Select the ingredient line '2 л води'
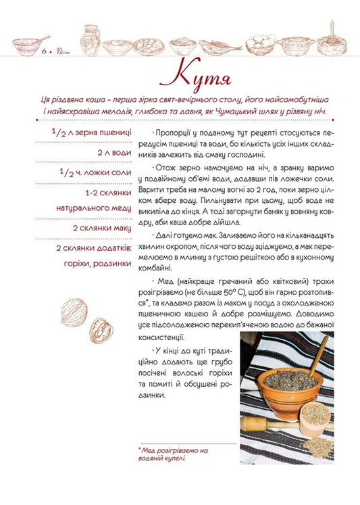pos(113,153)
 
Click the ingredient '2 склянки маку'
pos(101,228)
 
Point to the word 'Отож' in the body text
pos(166,166)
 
